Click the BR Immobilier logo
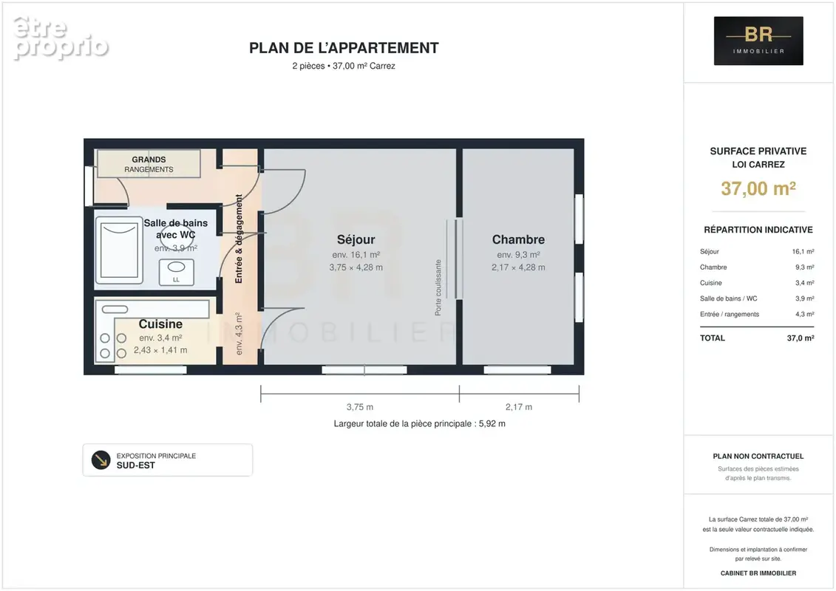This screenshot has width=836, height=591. (x=758, y=41)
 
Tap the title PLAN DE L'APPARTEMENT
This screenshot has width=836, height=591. (x=344, y=48)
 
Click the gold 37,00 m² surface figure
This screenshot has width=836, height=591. (x=758, y=188)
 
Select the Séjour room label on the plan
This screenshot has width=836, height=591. (x=356, y=240)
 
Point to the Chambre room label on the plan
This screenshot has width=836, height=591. (x=518, y=240)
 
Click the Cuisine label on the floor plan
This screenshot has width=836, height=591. (x=160, y=324)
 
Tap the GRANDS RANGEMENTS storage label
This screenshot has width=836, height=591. (x=149, y=164)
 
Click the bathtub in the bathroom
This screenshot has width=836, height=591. (x=119, y=250)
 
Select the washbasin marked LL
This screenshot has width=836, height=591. (x=177, y=272)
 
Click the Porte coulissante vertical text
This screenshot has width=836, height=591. (x=438, y=287)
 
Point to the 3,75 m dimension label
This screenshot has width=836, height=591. (x=360, y=407)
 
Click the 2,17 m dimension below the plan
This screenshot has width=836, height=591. (x=519, y=407)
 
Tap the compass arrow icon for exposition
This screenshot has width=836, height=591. (x=101, y=460)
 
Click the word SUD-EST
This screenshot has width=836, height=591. (x=136, y=465)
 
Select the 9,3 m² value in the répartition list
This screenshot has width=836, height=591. (x=804, y=267)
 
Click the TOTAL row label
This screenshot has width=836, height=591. (x=713, y=338)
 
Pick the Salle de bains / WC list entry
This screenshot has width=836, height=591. (x=728, y=299)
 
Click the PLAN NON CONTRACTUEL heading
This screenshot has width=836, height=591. (x=758, y=456)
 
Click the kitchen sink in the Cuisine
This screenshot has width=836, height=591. (x=115, y=309)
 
